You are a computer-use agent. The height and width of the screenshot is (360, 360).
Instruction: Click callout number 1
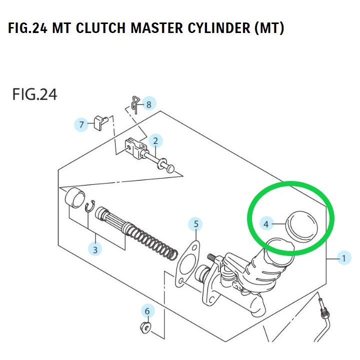[343, 258]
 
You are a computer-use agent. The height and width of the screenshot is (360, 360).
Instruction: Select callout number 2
[155, 141]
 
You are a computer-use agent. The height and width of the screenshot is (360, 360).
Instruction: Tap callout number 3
[95, 248]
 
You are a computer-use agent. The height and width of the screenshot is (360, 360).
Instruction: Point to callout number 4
[266, 224]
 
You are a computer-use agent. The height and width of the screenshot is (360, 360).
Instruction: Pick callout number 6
[147, 311]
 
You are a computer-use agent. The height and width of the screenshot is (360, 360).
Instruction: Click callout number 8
[148, 104]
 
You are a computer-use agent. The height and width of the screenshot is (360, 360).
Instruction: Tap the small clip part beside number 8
[134, 103]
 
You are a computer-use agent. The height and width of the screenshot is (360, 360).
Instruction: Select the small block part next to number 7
[100, 121]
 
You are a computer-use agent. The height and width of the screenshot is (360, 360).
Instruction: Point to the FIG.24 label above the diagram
[34, 94]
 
